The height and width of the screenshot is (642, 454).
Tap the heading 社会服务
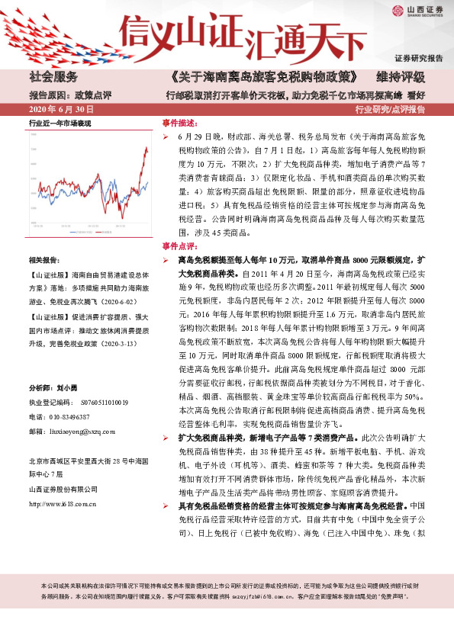pyautogui.click(x=54, y=77)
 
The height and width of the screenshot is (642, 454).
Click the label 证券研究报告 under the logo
pyautogui.click(x=418, y=58)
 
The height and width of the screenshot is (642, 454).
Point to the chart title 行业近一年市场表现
pyautogui.click(x=60, y=123)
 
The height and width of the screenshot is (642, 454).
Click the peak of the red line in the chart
pyautogui.click(x=147, y=149)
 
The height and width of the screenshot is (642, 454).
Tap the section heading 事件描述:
pyautogui.click(x=179, y=123)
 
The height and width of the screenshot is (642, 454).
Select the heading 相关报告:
pyautogui.click(x=46, y=261)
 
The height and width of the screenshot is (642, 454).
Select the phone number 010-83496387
pyautogui.click(x=69, y=416)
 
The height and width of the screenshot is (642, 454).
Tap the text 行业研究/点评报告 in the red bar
pyautogui.click(x=390, y=109)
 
